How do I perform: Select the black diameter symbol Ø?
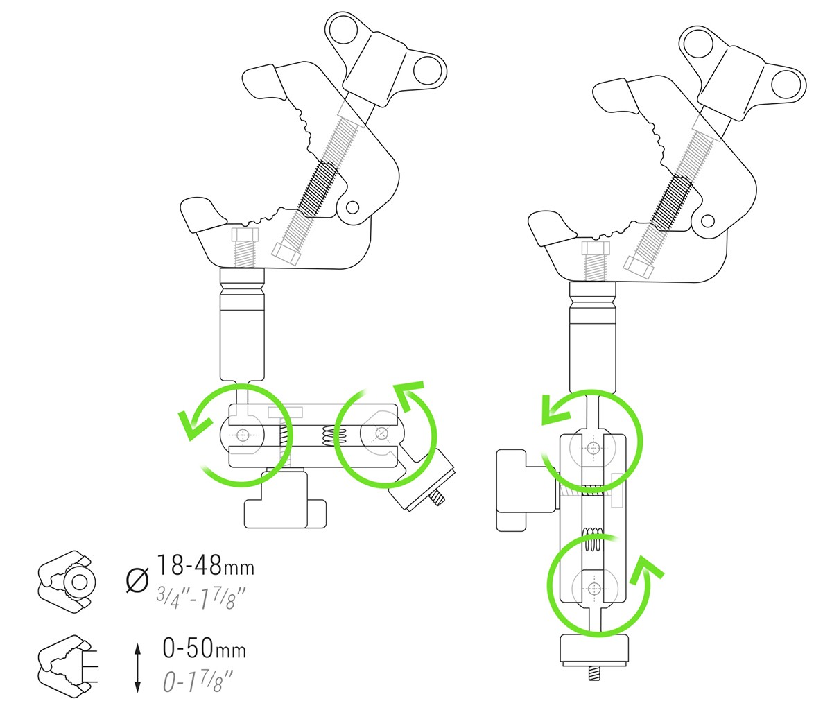[x=139, y=578]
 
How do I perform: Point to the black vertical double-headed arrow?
[x=138, y=668]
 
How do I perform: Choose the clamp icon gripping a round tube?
[x=64, y=583]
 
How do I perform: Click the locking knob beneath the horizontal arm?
[x=285, y=505]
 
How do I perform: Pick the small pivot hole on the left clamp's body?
[x=353, y=207]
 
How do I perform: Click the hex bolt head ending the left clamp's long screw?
[x=286, y=253]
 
